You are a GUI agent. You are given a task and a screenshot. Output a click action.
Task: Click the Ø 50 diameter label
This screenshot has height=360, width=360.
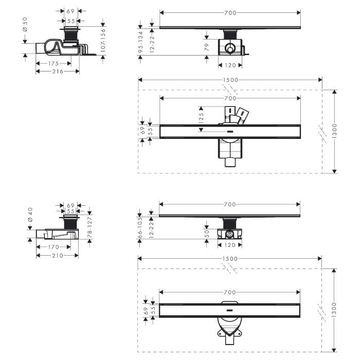pyautogui.click(x=25, y=24)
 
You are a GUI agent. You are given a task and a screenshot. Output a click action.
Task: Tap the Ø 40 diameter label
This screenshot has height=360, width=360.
pyautogui.click(x=30, y=214)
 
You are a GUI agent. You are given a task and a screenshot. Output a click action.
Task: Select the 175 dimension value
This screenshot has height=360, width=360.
pyautogui.click(x=53, y=63)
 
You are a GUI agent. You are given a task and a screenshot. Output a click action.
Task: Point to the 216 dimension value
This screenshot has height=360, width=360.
pyautogui.click(x=58, y=71)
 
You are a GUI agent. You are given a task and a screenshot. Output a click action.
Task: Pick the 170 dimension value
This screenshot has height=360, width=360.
pyautogui.click(x=53, y=247)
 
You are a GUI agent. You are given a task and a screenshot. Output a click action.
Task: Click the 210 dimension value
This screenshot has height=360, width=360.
pyautogui.click(x=58, y=255)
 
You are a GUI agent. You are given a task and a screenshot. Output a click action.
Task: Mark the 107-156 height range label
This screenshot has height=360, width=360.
pyautogui.click(x=103, y=41)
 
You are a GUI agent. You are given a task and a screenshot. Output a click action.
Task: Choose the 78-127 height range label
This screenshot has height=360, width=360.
pyautogui.click(x=90, y=228)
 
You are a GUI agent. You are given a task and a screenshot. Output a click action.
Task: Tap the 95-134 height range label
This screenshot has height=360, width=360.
pyautogui.click(x=140, y=42)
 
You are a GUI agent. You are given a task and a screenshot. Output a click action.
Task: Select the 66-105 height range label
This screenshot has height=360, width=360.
pyautogui.click(x=140, y=227)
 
